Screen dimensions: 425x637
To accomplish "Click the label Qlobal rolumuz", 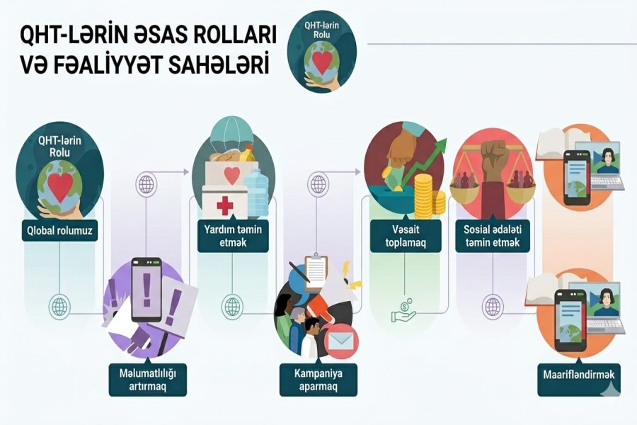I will coord(59,230).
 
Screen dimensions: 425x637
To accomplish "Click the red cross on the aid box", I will coord(224,205).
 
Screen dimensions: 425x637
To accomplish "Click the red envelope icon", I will coord(341,343).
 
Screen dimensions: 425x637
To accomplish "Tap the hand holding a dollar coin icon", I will coord(403,312).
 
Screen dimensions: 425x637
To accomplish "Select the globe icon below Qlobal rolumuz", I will coord(59,307).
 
